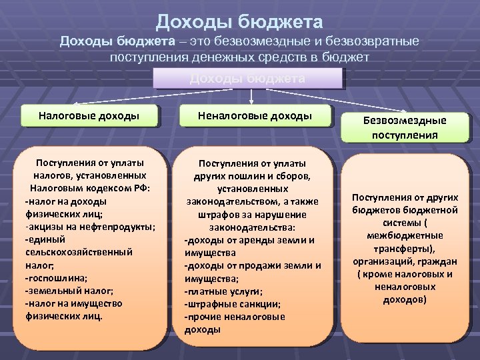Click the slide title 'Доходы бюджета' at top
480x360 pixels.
239,23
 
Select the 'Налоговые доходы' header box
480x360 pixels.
89,116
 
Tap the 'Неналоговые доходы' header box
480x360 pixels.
255,116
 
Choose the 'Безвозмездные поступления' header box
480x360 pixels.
405,127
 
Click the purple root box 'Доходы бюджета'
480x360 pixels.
247,79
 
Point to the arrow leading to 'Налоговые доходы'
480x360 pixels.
113,97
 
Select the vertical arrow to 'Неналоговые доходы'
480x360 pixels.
250,97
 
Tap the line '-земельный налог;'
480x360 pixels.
69,291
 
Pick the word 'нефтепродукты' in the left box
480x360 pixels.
119,227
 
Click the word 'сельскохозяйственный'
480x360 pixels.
79,252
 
